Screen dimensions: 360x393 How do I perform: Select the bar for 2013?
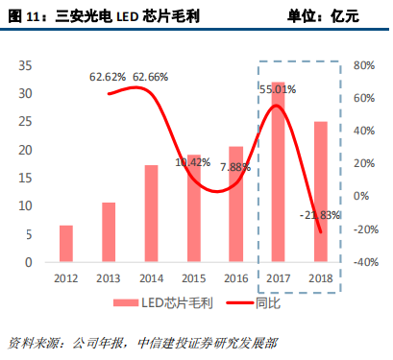109,232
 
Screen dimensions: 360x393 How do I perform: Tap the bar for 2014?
151,213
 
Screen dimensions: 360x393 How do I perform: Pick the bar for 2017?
279,173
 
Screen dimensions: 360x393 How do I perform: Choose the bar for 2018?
321,192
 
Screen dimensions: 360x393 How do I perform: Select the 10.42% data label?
192,161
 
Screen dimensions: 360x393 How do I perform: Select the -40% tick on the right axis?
365,262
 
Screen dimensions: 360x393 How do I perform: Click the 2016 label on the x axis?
235,278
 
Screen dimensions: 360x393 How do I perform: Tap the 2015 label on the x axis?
193,278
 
